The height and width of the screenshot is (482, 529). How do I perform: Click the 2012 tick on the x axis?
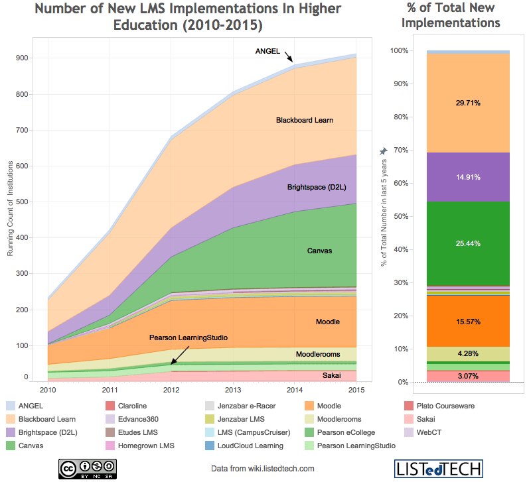(171, 389)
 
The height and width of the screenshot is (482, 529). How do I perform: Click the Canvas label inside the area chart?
(319, 251)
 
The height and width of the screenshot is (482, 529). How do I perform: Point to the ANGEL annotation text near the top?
(268, 52)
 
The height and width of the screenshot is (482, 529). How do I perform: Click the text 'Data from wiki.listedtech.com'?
(263, 468)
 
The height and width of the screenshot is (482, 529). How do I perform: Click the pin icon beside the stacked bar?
(383, 152)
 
